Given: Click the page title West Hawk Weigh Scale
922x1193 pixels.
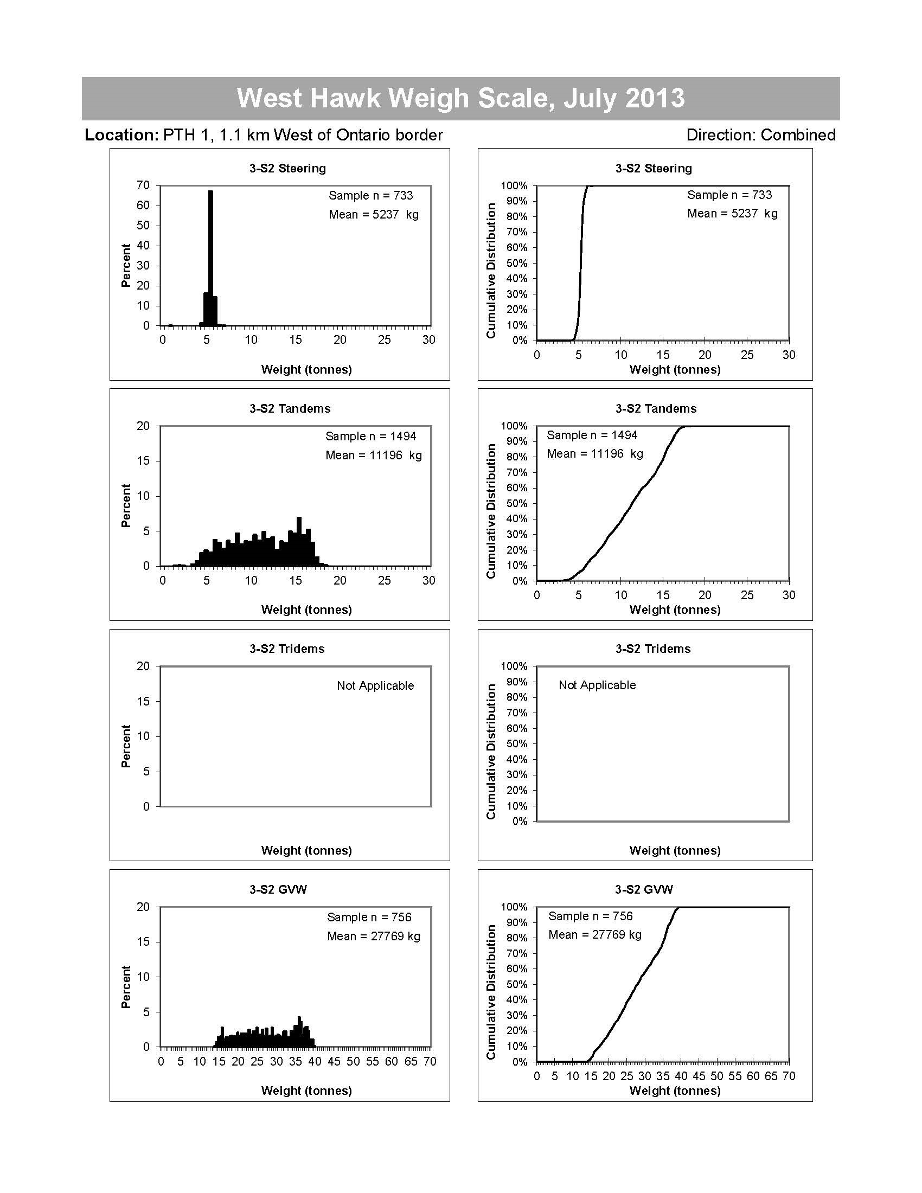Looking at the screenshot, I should (x=460, y=98).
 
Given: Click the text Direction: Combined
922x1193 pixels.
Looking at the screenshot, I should (x=760, y=135).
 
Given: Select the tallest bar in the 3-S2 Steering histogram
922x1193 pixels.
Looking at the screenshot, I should (x=210, y=256).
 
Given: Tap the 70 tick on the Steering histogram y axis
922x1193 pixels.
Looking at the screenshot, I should (x=143, y=185).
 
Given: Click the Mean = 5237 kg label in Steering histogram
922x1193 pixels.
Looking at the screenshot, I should (x=374, y=215).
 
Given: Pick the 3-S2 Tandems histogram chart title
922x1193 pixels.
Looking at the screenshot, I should (x=290, y=408).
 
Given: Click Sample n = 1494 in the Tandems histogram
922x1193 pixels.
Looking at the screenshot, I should (x=370, y=436).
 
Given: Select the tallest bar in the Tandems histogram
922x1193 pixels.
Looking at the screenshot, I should (x=299, y=541).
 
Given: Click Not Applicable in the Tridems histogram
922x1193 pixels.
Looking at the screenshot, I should (x=375, y=685).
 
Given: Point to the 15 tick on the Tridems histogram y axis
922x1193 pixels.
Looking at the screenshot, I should (x=143, y=701).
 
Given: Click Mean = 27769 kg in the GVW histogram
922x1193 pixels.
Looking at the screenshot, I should (x=374, y=937).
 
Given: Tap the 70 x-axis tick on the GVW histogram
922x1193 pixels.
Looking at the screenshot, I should (x=430, y=1061).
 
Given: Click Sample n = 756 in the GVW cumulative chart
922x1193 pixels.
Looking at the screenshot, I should (x=591, y=916).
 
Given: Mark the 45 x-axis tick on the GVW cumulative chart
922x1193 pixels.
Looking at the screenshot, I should (x=699, y=1076).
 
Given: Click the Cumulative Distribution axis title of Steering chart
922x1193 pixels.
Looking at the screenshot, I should (x=491, y=271).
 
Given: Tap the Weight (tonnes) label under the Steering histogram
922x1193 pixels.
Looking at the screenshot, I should (x=306, y=369).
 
